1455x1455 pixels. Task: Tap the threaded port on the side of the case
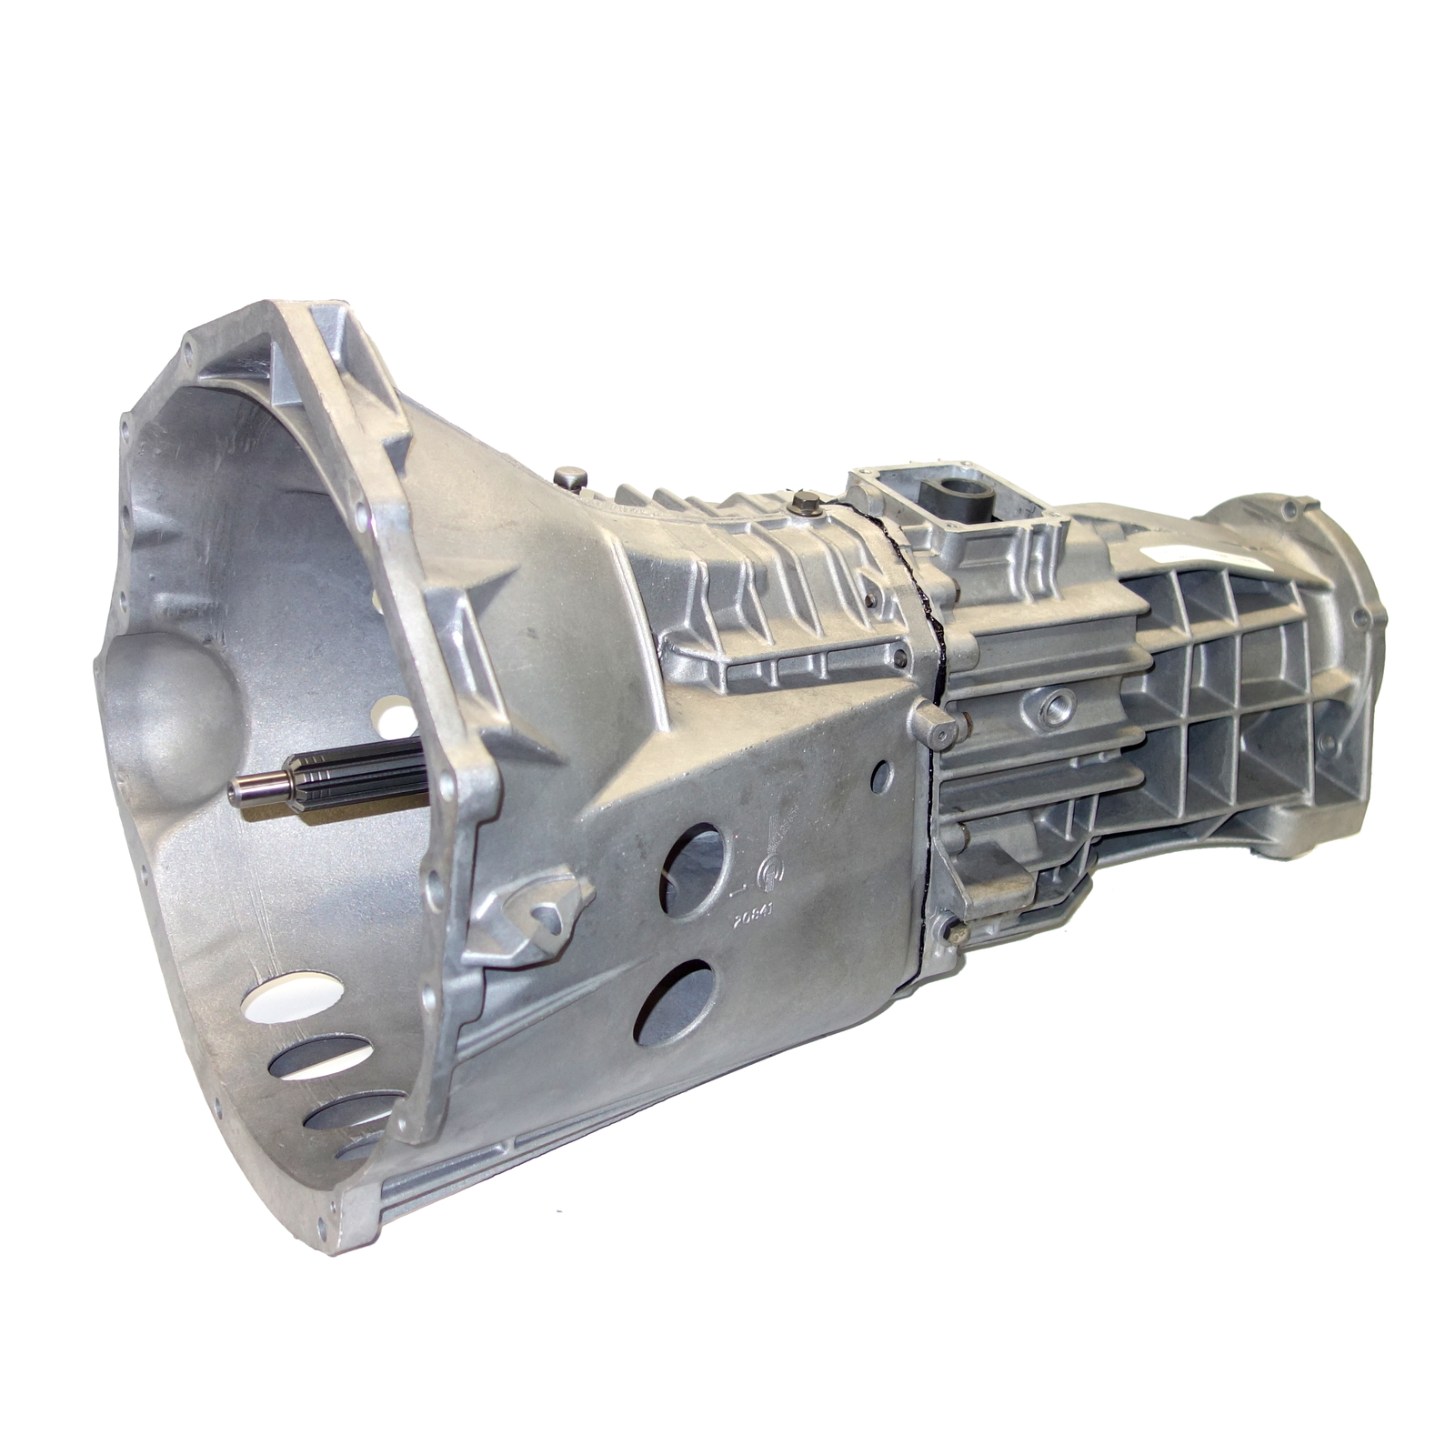coord(1057,706)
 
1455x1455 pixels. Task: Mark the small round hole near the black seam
coord(880,777)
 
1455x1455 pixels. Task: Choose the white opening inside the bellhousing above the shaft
coord(400,718)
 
